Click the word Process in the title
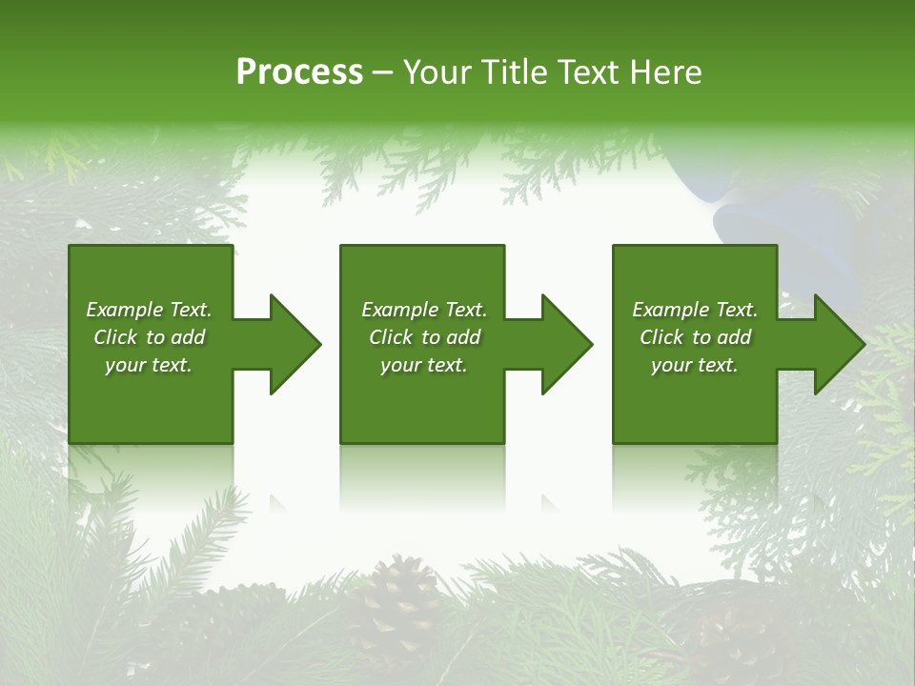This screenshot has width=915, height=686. click(299, 72)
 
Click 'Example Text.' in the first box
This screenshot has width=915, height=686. click(149, 310)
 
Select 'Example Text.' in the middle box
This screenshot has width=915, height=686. click(424, 310)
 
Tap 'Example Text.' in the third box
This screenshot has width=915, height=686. click(695, 310)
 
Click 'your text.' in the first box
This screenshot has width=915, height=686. click(149, 365)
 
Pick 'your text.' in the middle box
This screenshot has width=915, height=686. click(424, 365)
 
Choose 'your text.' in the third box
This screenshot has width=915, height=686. click(695, 365)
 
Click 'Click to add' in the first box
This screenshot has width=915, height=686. click(149, 337)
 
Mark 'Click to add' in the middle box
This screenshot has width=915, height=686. click(424, 337)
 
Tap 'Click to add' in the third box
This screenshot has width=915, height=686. click(695, 337)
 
